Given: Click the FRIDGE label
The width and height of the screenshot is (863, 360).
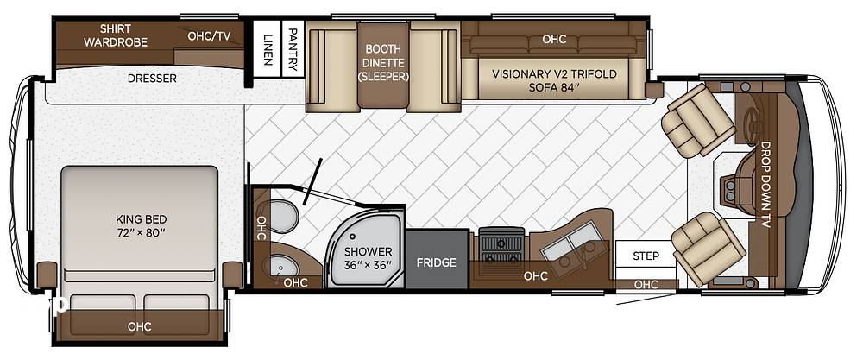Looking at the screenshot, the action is pyautogui.click(x=436, y=262).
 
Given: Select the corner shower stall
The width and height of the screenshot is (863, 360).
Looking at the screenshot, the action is pyautogui.click(x=366, y=247).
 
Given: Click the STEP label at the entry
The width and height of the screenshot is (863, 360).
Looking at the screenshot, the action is pyautogui.click(x=645, y=256).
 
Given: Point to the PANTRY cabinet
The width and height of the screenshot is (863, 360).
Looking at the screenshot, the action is pyautogui.click(x=293, y=48).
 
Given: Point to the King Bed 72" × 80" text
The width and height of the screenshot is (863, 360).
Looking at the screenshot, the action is pyautogui.click(x=139, y=225).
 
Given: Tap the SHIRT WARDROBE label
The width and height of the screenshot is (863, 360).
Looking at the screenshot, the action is pyautogui.click(x=116, y=35).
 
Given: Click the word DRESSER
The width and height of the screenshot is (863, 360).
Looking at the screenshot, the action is pyautogui.click(x=152, y=79).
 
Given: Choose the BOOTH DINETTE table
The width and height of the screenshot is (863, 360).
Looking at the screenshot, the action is pyautogui.click(x=384, y=65).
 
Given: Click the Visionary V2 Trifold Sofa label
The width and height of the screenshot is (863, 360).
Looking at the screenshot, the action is pyautogui.click(x=554, y=80).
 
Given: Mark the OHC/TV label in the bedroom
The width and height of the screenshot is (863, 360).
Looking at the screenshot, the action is pyautogui.click(x=209, y=36).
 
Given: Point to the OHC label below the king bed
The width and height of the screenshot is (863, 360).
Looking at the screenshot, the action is pyautogui.click(x=139, y=326).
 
